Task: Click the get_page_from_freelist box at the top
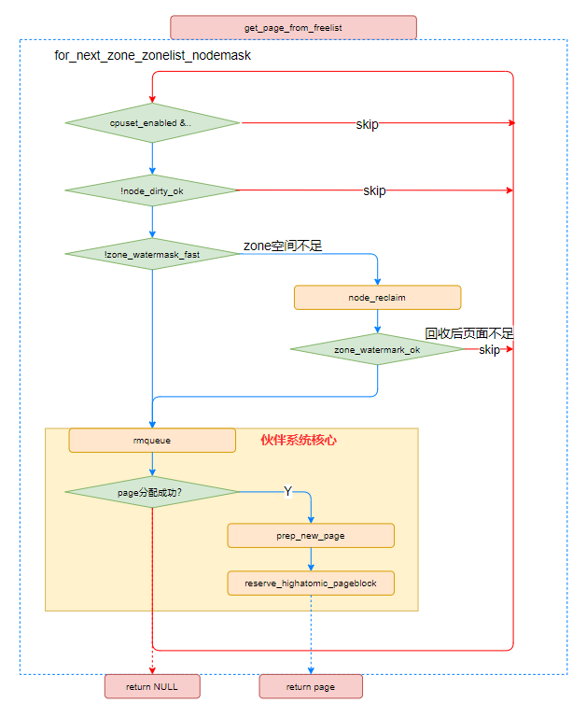coord(293,27)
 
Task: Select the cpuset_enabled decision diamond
coord(152,123)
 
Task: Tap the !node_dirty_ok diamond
coord(152,190)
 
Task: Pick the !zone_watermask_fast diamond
coord(152,254)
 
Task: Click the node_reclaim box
coord(377,297)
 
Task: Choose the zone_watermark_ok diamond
coord(377,349)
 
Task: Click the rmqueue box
coord(152,440)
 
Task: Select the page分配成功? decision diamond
coord(152,491)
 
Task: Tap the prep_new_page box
coord(311,535)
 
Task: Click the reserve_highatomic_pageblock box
coord(311,583)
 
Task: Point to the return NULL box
coord(152,686)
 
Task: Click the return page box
coord(311,686)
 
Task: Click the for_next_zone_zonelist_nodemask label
coord(152,56)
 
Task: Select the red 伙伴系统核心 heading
coord(298,440)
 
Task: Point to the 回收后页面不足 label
coord(469,333)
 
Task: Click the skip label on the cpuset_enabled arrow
coord(367,124)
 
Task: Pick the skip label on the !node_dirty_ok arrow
coord(374,190)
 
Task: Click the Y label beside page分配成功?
coord(287,491)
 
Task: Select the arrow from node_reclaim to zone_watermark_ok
coord(377,322)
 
